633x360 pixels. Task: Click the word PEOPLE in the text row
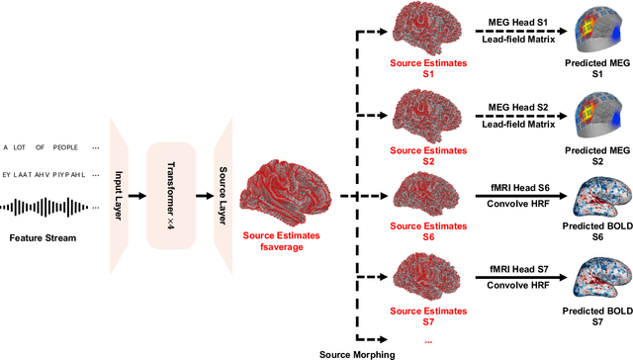67,147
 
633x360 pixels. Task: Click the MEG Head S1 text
519,21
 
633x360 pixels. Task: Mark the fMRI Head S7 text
520,272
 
